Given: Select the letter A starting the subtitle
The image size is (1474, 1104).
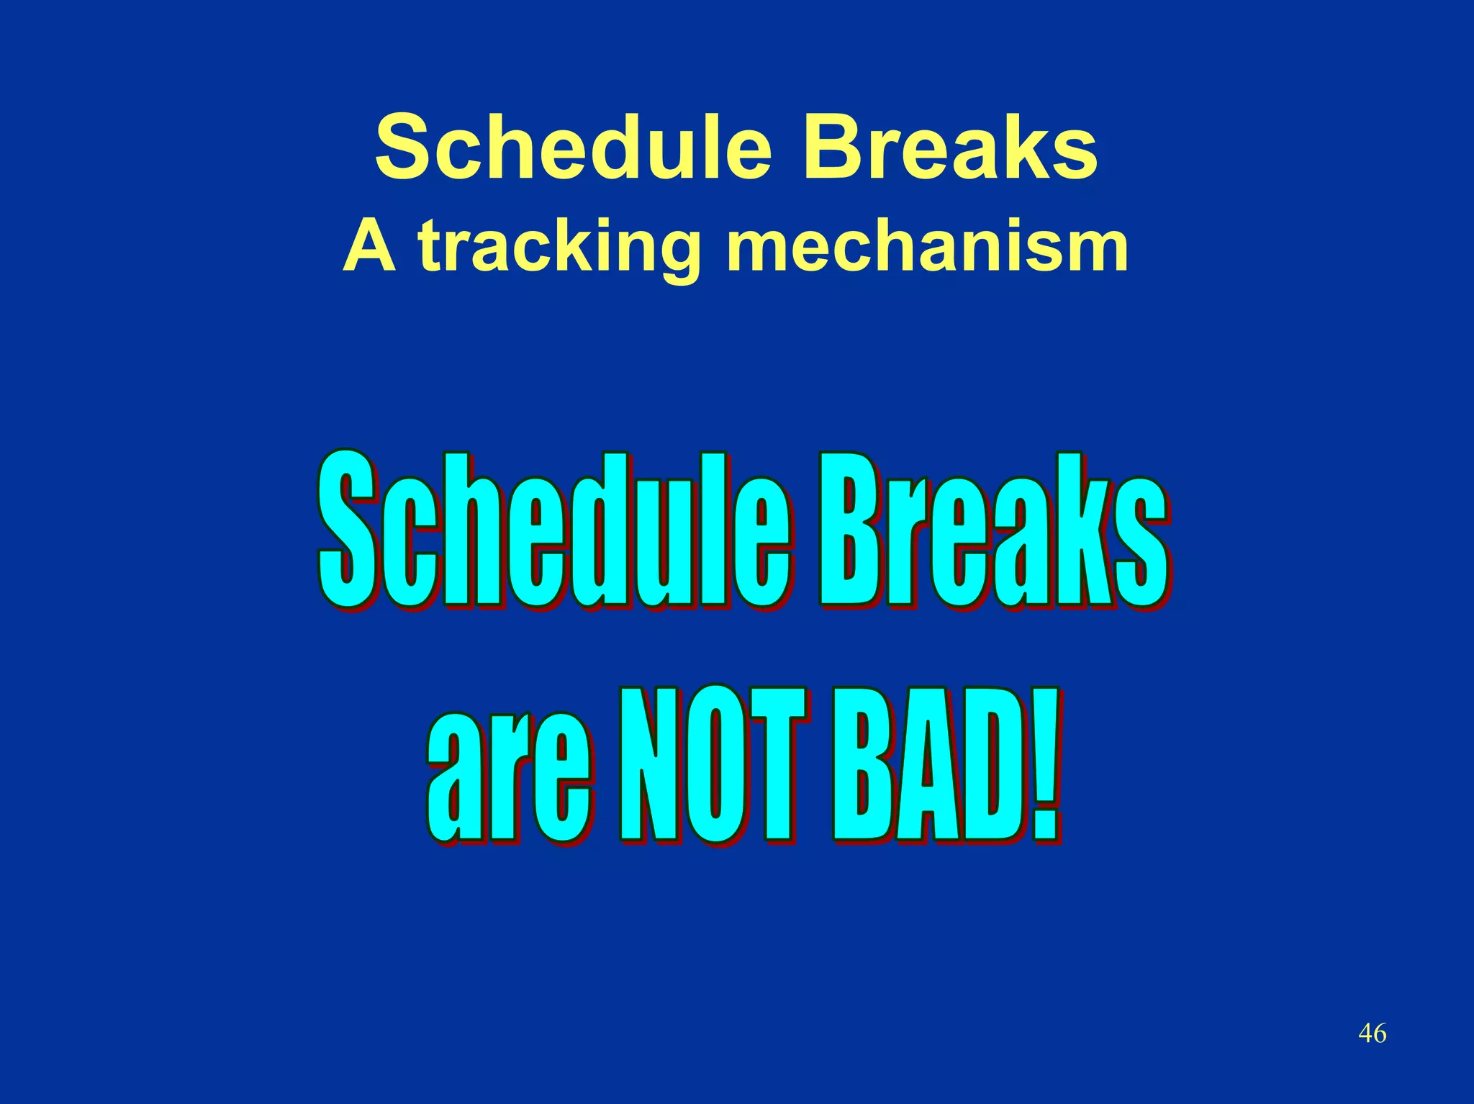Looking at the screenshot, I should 369,246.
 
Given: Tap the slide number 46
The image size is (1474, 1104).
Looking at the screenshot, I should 1372,1033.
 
